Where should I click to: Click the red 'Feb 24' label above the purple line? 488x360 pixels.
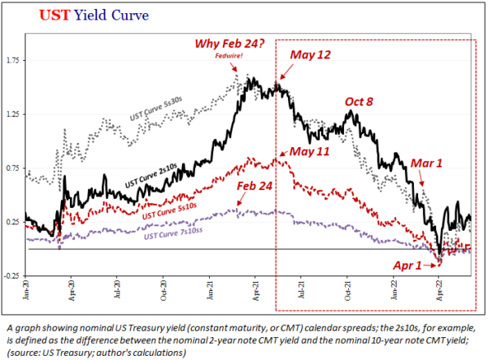[254, 187]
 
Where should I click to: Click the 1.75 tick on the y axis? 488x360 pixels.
[14, 60]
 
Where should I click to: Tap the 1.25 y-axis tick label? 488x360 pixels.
[14, 115]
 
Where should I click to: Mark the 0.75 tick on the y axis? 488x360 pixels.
[14, 168]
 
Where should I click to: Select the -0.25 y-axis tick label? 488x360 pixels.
[13, 276]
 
